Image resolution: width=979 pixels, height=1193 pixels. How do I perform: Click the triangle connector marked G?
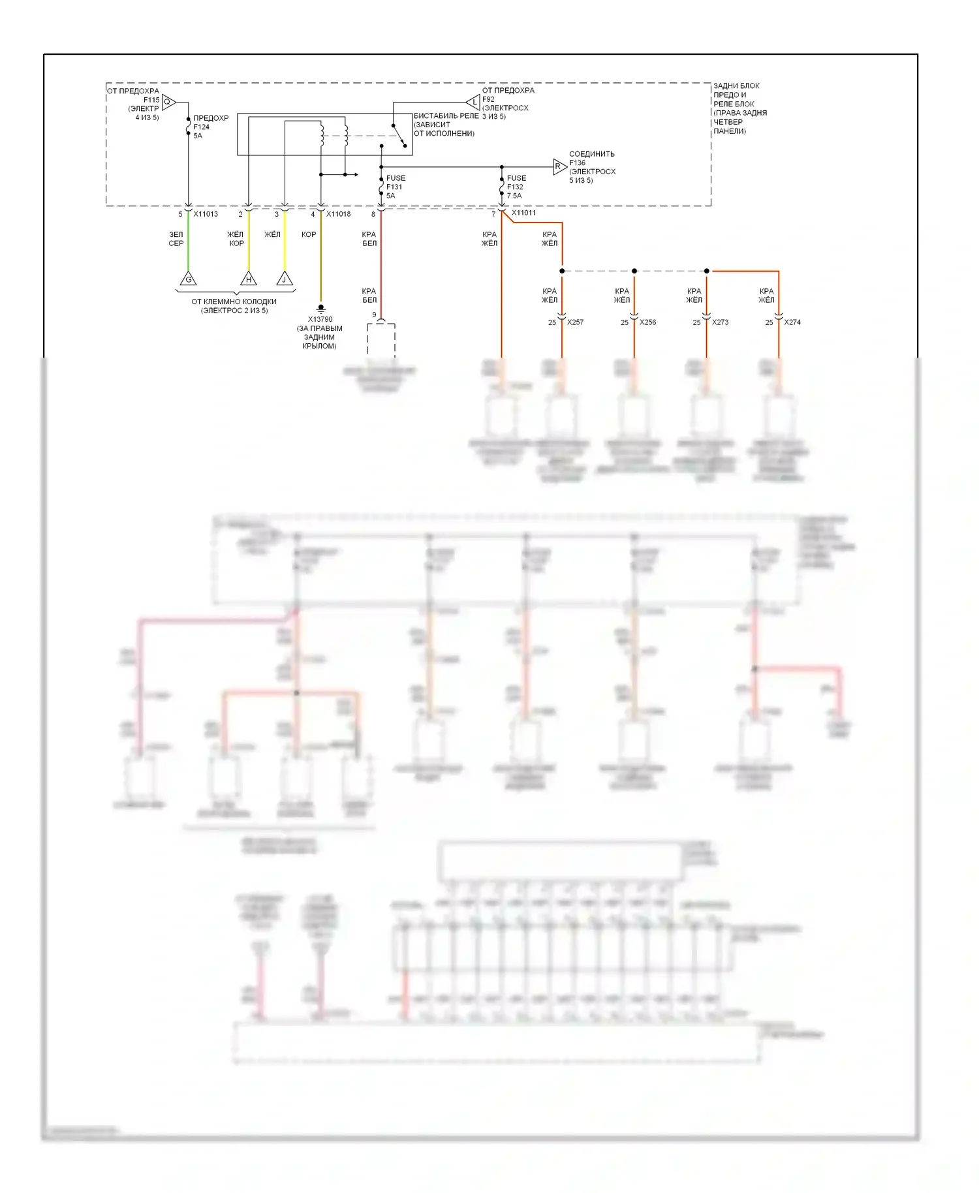click(x=188, y=279)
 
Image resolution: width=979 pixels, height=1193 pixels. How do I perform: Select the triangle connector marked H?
click(x=249, y=279)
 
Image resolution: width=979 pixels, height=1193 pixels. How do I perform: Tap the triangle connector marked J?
click(x=285, y=279)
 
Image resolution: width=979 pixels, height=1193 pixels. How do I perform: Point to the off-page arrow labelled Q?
click(x=168, y=102)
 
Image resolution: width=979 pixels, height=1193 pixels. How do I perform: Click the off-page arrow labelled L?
click(x=474, y=102)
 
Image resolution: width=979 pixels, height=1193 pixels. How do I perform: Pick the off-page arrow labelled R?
click(x=559, y=166)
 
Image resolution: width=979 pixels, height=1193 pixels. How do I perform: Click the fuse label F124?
click(x=202, y=127)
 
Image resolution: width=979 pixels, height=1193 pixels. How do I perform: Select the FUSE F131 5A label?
click(x=395, y=187)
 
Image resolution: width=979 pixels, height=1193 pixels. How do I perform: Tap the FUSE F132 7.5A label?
click(x=516, y=187)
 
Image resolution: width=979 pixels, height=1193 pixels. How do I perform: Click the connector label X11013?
click(x=206, y=214)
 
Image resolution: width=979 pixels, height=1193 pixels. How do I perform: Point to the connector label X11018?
click(x=338, y=214)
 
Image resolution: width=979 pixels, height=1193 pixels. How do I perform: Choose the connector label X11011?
click(x=523, y=213)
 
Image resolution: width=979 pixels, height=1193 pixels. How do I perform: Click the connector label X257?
click(x=575, y=322)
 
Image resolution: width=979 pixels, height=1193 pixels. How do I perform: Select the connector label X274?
click(x=792, y=322)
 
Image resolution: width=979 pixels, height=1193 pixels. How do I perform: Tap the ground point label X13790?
click(x=320, y=320)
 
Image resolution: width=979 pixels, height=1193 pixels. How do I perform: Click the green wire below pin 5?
click(x=189, y=241)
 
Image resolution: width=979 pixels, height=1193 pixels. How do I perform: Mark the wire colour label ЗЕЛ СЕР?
click(x=176, y=239)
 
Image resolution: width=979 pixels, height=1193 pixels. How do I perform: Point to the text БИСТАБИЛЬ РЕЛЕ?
click(x=446, y=116)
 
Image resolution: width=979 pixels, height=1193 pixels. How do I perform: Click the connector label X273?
click(x=720, y=322)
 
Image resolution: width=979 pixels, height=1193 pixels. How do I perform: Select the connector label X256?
click(x=647, y=322)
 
